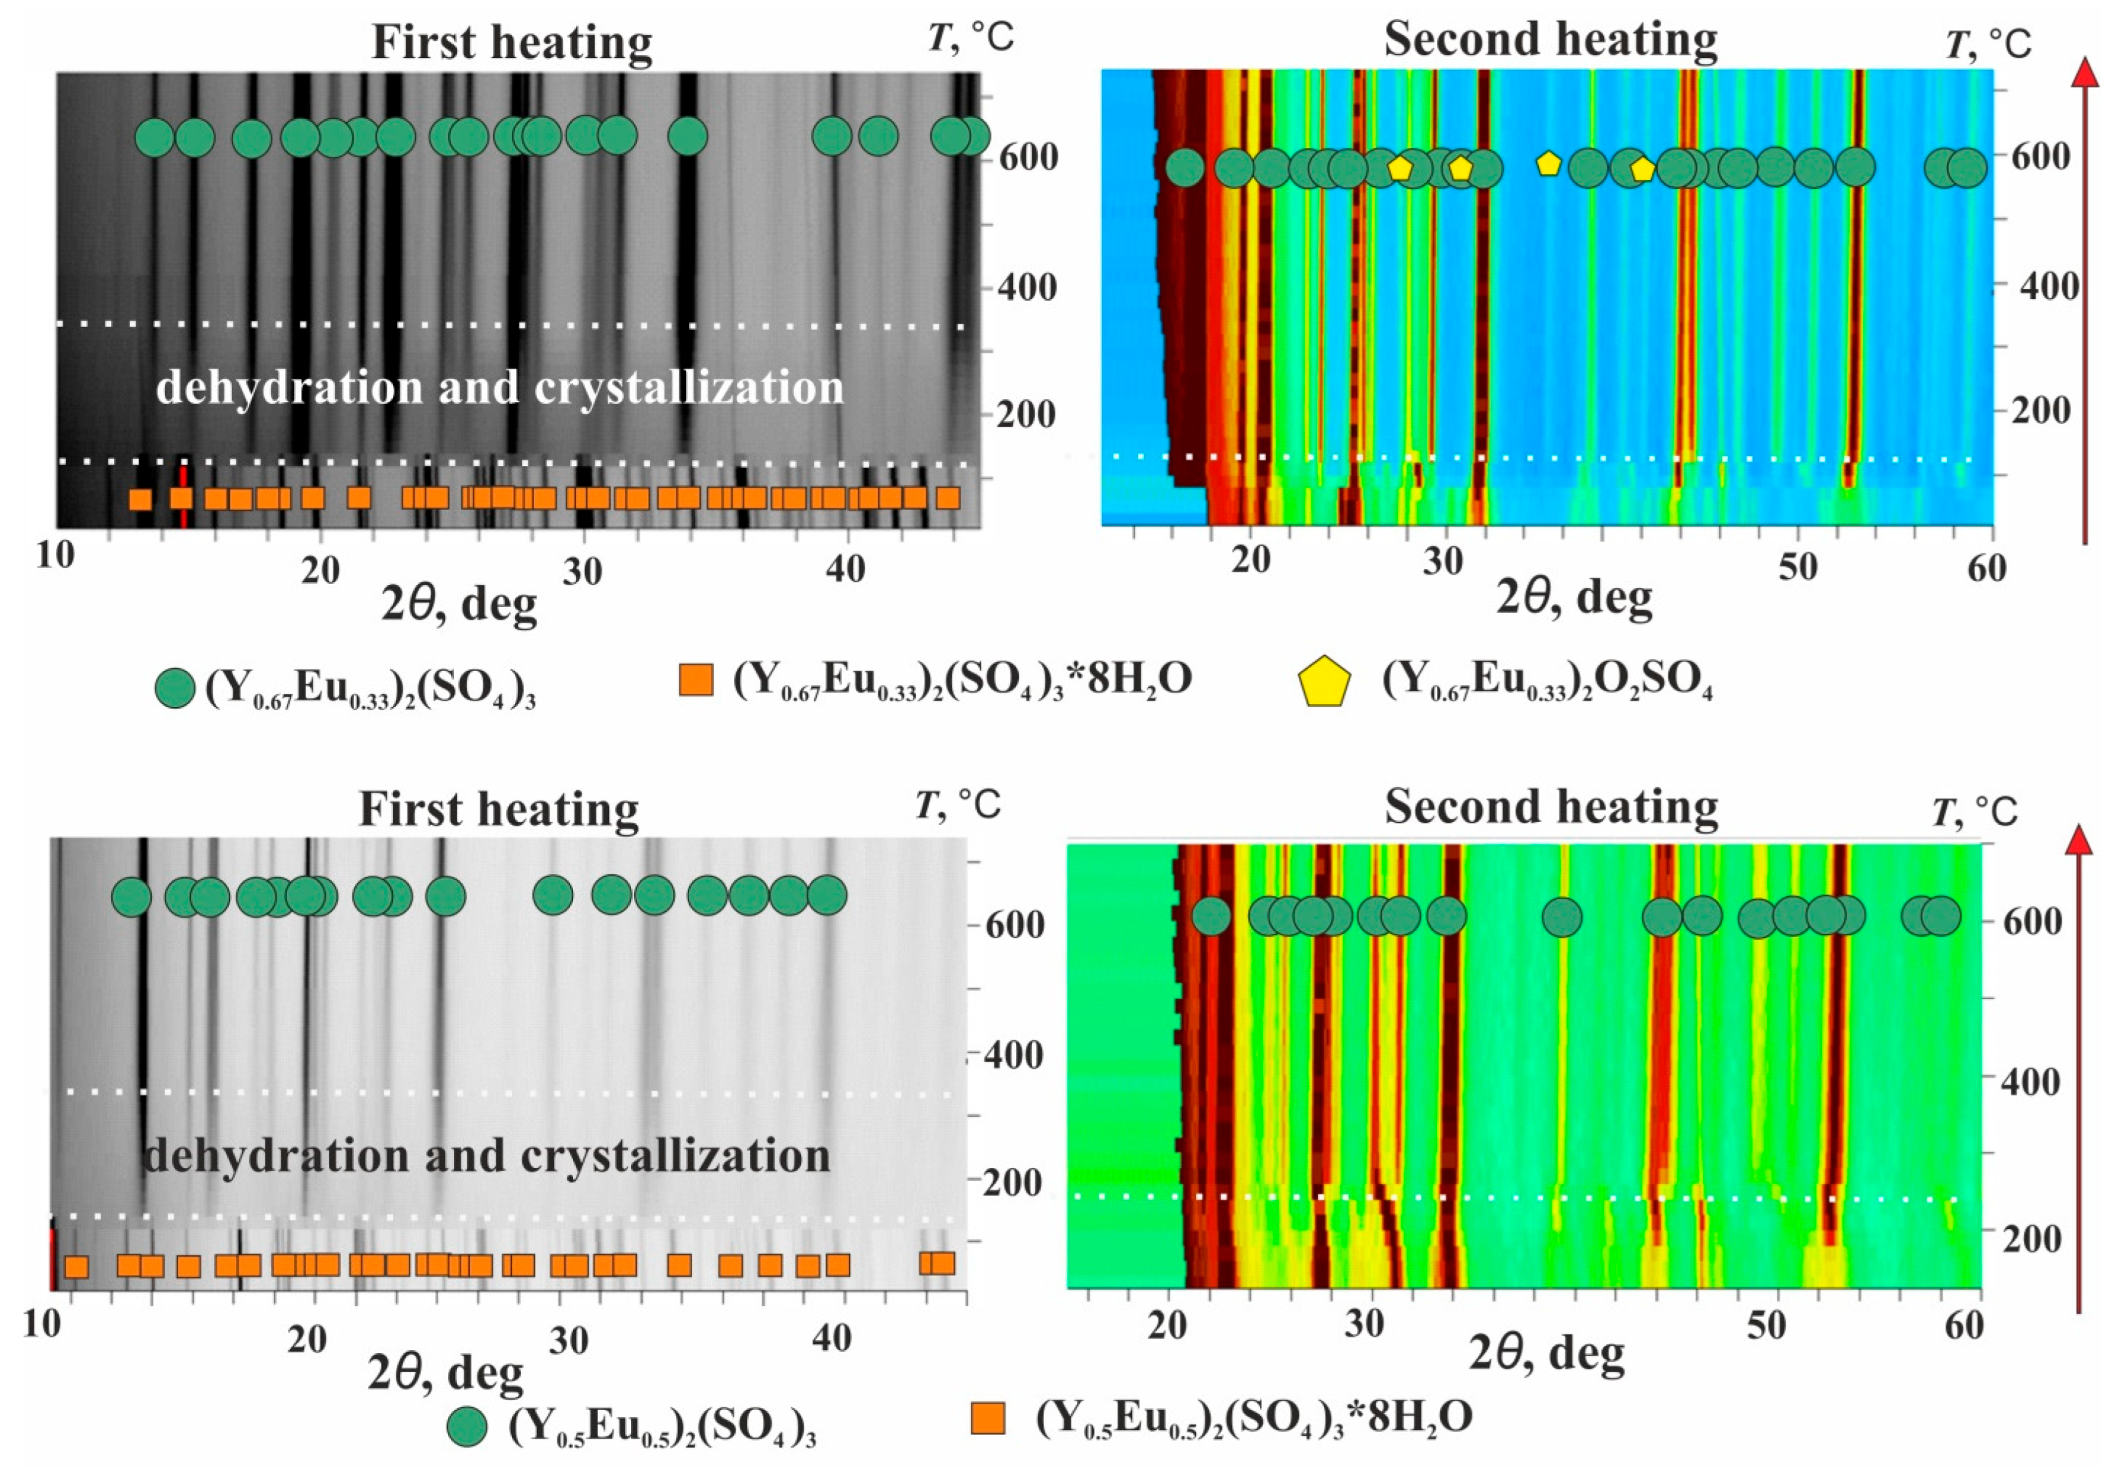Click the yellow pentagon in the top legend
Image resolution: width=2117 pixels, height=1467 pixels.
tap(1324, 682)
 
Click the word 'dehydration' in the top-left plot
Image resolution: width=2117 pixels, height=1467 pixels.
tap(288, 387)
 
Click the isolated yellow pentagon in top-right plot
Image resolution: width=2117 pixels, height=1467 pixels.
tap(1549, 164)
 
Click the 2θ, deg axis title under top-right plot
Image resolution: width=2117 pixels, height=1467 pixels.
tap(1574, 597)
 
